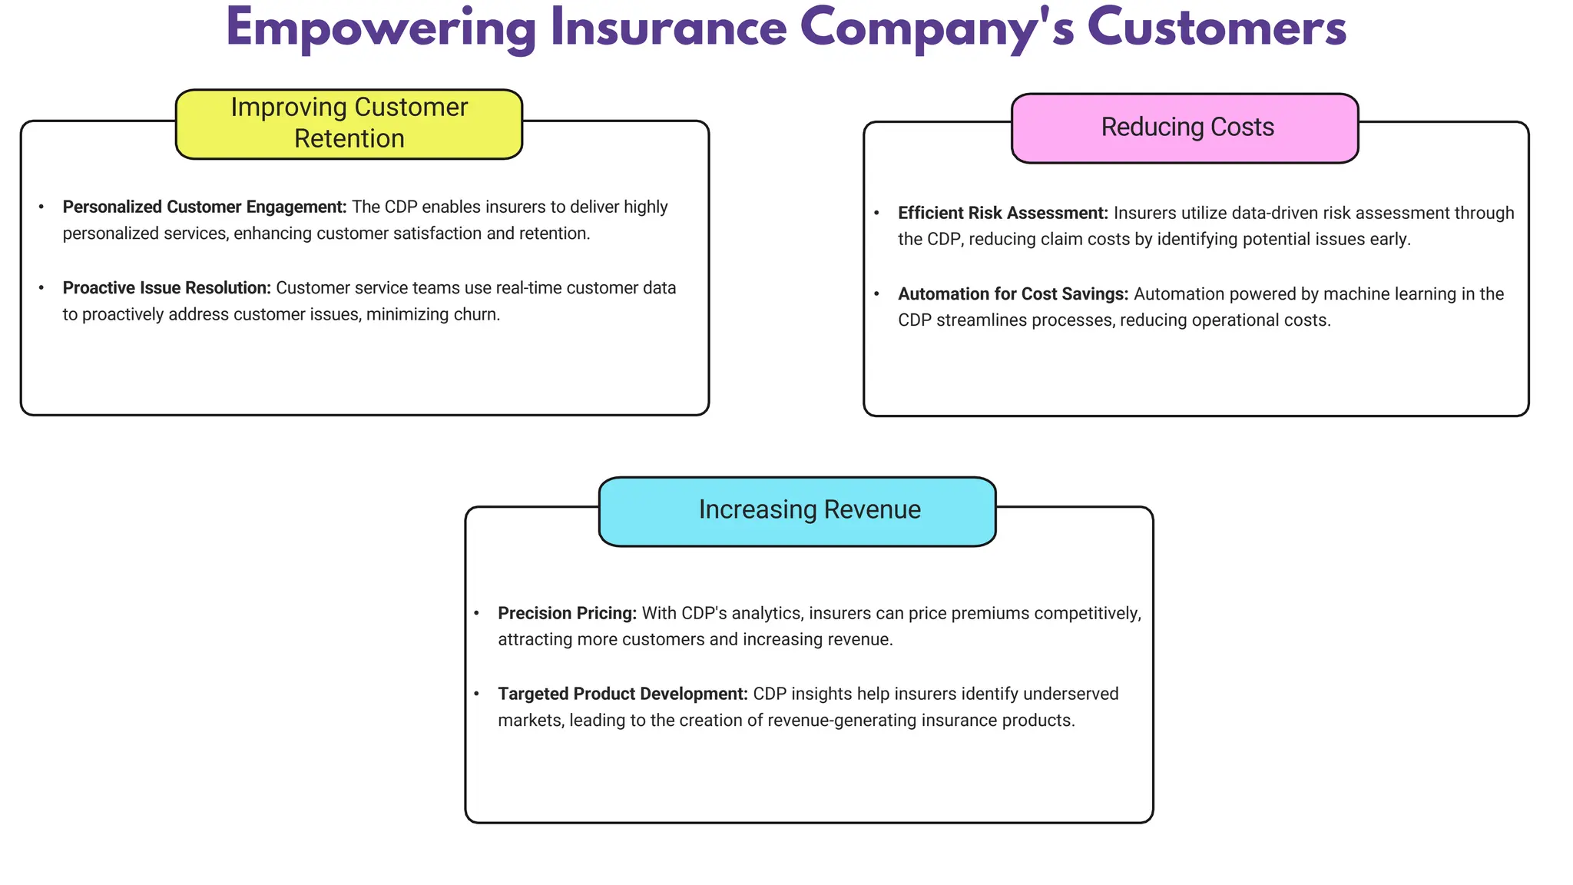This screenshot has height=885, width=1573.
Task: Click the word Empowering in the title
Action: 380,29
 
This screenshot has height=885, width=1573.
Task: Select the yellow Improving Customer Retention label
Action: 349,124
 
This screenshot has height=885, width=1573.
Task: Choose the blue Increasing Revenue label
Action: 797,511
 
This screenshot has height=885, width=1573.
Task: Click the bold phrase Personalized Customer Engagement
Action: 204,207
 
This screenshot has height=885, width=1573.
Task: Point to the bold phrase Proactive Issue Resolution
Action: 167,288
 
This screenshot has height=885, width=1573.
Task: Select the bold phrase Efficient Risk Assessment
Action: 1002,214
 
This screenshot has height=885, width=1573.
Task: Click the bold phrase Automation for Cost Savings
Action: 1012,294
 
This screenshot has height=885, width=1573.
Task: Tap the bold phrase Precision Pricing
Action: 567,614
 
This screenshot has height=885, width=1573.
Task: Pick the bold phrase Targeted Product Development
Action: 622,694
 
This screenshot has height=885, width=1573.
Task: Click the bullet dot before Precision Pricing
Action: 477,613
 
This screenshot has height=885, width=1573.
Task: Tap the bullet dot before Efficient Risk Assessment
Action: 877,213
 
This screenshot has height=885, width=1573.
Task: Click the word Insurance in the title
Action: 668,29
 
